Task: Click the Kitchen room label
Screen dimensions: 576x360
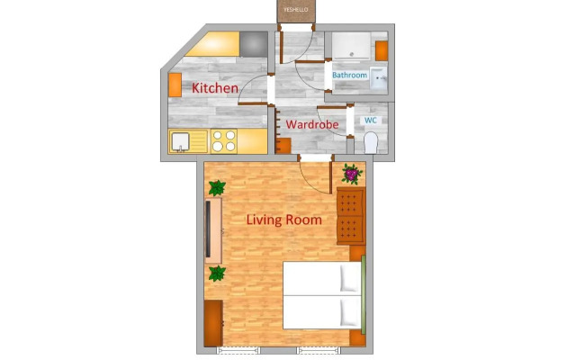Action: coord(215,88)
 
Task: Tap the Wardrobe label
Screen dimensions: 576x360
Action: coord(312,124)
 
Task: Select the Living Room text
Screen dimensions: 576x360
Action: coord(284,220)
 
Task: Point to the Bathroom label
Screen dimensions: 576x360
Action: coord(350,75)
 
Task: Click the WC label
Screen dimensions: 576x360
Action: coord(371,120)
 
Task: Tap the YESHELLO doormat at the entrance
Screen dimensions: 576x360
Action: coord(296,11)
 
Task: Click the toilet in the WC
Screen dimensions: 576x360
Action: coord(371,143)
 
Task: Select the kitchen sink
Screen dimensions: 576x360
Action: coord(180,142)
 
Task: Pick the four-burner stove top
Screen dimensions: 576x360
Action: coord(224,141)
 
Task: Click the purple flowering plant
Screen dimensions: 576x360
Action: coord(352,174)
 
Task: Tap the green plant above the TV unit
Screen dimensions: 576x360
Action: coord(217,188)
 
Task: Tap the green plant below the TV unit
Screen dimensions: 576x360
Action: coord(217,274)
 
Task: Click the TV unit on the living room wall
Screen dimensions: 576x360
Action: coord(213,230)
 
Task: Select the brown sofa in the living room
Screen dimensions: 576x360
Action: coord(351,216)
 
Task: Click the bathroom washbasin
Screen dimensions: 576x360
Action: coord(378,78)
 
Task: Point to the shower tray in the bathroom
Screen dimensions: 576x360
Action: coord(352,46)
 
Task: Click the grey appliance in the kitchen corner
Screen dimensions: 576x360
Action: coord(254,44)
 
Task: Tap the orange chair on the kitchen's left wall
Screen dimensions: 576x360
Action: coord(175,85)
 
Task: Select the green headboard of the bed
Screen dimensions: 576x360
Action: coord(364,294)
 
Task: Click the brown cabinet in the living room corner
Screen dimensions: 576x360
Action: coord(213,323)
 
